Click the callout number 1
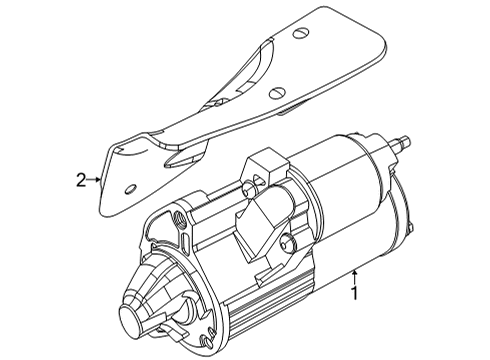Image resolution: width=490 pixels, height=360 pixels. click(352, 293)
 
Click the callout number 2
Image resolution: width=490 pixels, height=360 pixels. click(81, 180)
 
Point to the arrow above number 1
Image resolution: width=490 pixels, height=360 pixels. click(353, 274)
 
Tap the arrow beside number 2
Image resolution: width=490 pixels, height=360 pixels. click(97, 180)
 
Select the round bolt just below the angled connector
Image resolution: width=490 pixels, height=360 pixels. click(287, 242)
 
